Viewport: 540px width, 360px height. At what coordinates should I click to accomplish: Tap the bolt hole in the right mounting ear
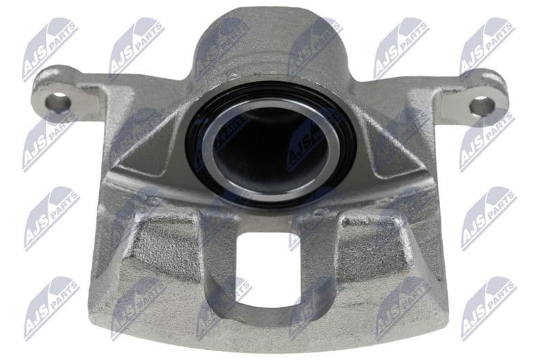click(483, 105)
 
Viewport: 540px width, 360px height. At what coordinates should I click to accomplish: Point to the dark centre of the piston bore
click(271, 147)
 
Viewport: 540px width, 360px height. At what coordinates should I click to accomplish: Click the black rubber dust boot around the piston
click(193, 148)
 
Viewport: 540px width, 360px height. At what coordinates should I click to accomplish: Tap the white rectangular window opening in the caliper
click(267, 269)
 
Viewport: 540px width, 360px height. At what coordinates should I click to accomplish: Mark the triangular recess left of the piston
click(144, 148)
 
